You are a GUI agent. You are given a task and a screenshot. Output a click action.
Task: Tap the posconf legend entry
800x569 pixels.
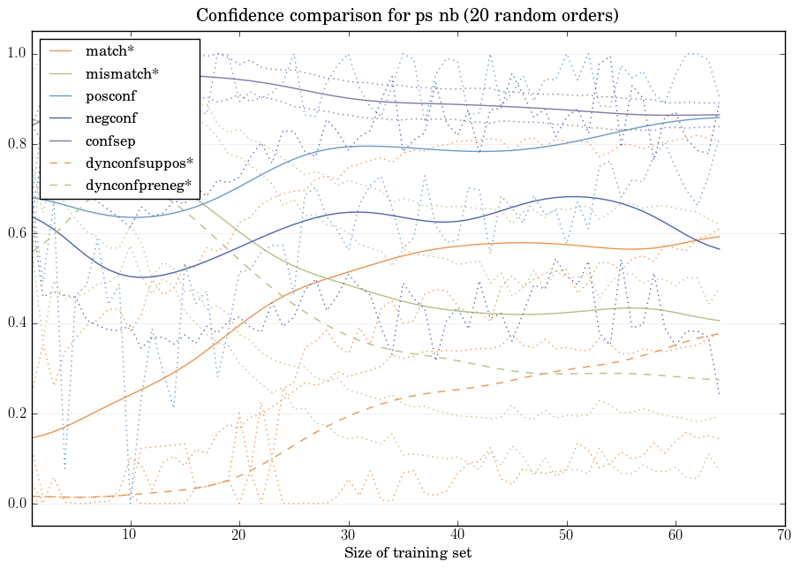click(x=111, y=95)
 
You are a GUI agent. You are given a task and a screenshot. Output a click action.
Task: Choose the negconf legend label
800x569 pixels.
click(x=111, y=118)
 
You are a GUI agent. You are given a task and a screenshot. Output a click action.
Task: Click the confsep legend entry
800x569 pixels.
click(x=109, y=140)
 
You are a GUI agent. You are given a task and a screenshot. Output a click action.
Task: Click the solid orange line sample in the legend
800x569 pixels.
click(x=61, y=51)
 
